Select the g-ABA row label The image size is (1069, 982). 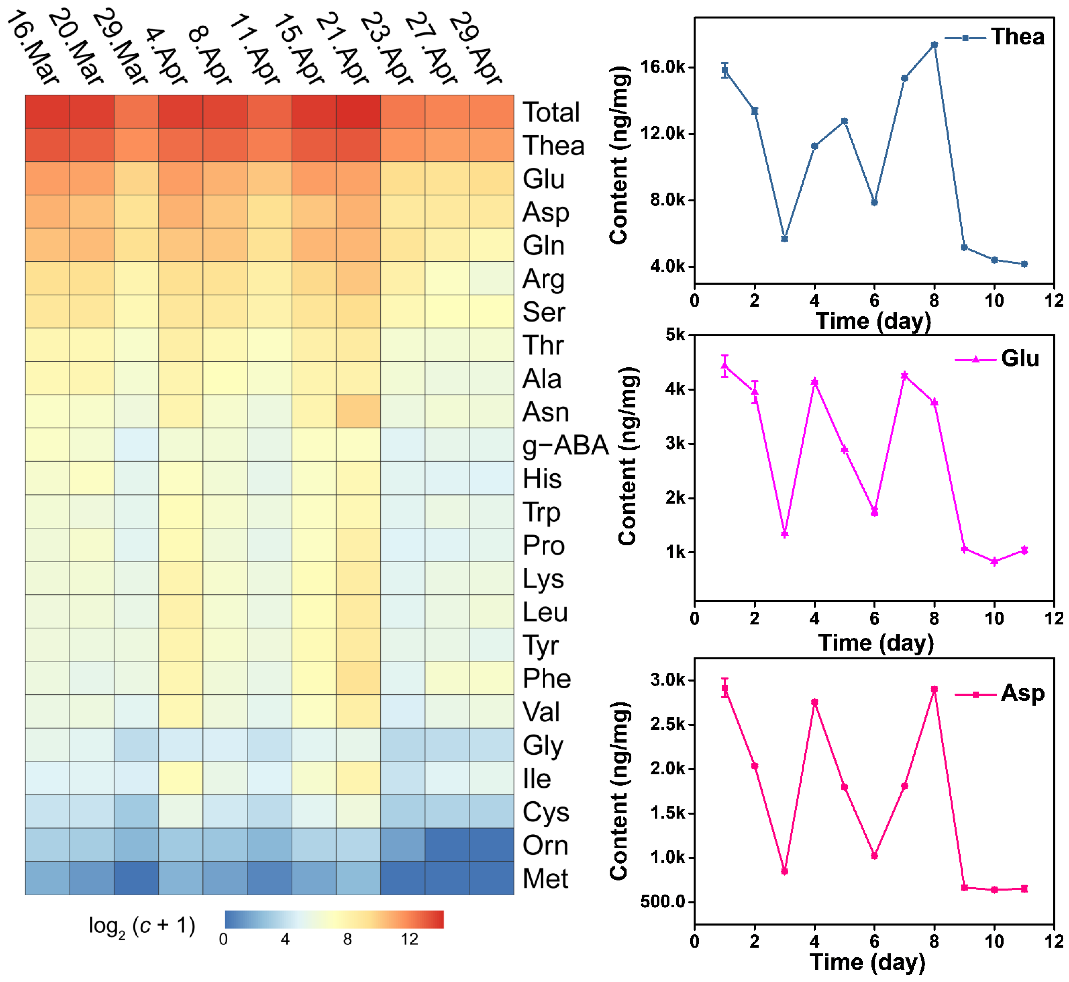565,445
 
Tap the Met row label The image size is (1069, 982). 545,878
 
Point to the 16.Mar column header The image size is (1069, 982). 33,47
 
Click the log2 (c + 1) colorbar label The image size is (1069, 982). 142,926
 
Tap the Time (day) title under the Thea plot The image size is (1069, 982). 874,321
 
